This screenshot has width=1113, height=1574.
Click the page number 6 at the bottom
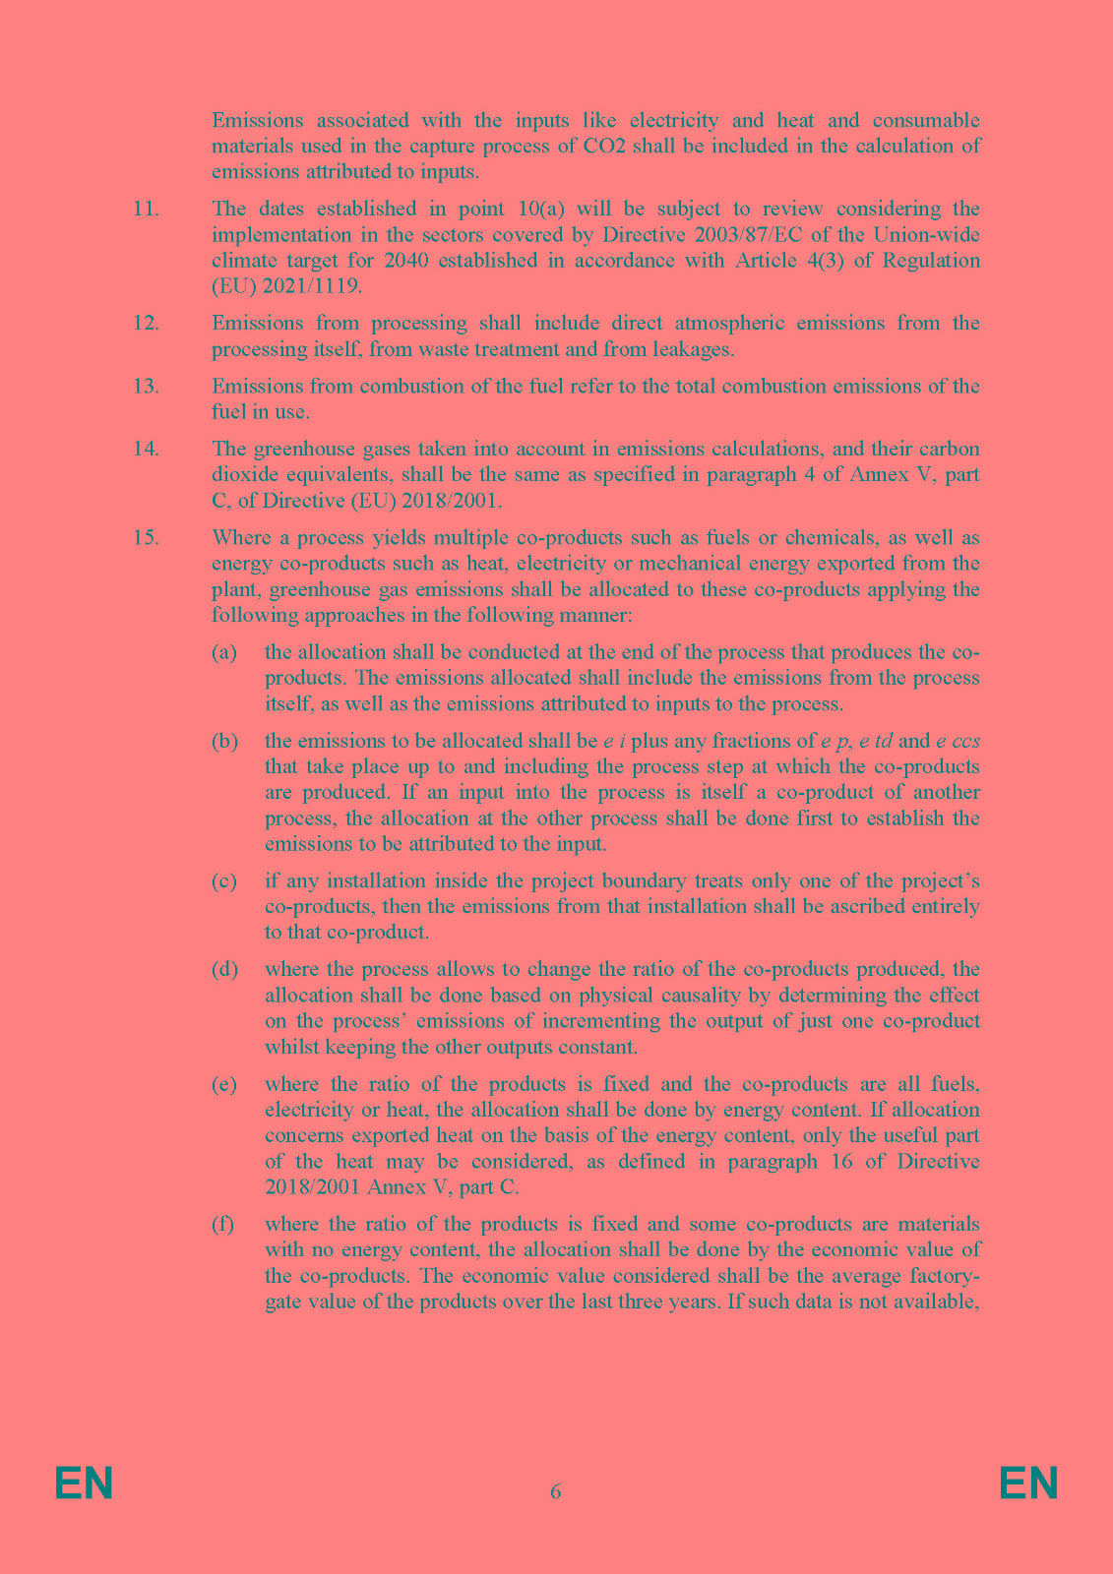tap(556, 1491)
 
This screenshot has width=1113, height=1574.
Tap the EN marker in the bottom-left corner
tap(84, 1483)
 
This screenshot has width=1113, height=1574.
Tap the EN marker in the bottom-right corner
tap(1028, 1483)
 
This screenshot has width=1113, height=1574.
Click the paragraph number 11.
tap(146, 209)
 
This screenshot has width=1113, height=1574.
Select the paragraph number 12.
tap(146, 323)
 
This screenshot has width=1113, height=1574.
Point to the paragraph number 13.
tap(146, 386)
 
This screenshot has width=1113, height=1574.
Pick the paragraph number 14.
tap(146, 449)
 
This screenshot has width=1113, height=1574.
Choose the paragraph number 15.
tap(146, 538)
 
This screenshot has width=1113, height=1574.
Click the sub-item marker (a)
tap(224, 652)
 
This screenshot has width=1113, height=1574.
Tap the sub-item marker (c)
tap(224, 880)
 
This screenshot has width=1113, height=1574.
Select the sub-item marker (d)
tap(224, 969)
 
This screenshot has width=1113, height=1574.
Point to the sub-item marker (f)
tap(223, 1224)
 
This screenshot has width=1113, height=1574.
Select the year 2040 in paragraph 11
tap(406, 261)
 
